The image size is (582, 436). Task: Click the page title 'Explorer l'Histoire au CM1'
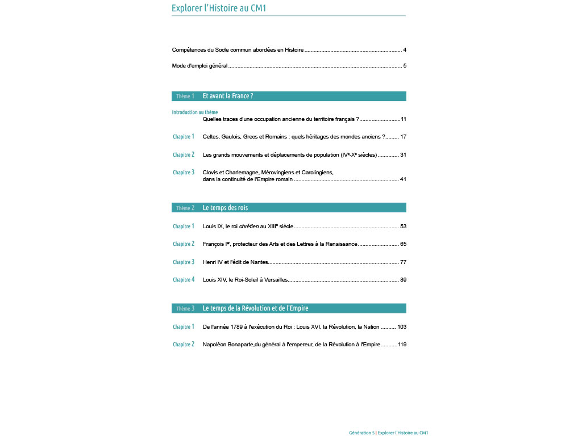coord(219,8)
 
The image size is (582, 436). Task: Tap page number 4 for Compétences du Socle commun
coord(404,50)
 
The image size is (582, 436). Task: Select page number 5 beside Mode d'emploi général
coord(404,65)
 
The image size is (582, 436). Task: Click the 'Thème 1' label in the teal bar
coord(185,97)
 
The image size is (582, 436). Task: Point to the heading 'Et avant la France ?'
coord(228,96)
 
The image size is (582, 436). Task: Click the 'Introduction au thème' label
coord(195,112)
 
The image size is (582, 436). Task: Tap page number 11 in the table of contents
coord(404,119)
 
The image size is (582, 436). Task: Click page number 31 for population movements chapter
coord(403,155)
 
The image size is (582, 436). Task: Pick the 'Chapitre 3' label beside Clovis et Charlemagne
coord(184,173)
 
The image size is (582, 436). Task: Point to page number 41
coord(403,179)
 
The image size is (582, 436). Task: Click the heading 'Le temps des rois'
coord(225,208)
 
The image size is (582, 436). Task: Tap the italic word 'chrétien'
coord(249,227)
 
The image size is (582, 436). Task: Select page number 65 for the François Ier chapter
coord(403,244)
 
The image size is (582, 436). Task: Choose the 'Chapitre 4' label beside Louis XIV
coord(184,280)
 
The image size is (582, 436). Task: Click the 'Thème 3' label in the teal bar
coord(185,308)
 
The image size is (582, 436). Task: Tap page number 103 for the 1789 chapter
coord(402,327)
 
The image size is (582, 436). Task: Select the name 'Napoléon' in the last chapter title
coord(215,345)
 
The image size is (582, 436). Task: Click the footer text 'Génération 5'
coord(362,433)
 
